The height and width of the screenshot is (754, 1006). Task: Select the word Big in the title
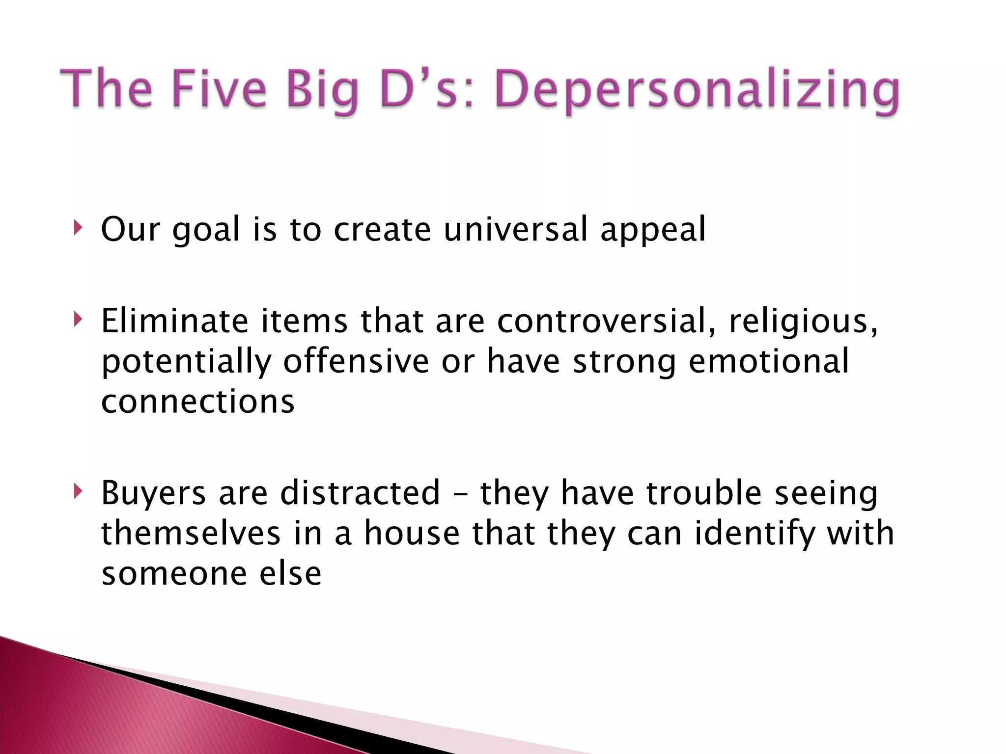point(323,91)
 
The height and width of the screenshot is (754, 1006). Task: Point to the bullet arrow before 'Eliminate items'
point(77,320)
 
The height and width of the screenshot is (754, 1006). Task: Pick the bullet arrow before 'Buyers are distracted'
point(77,491)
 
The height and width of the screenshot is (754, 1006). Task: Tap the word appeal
point(653,230)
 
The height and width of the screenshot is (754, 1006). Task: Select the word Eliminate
point(174,321)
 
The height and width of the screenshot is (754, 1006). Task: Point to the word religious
point(803,322)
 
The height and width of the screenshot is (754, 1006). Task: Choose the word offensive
point(356,361)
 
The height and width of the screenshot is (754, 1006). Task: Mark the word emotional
point(769,361)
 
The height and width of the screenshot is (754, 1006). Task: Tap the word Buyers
point(153,493)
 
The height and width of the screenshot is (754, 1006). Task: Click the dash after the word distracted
point(460,493)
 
